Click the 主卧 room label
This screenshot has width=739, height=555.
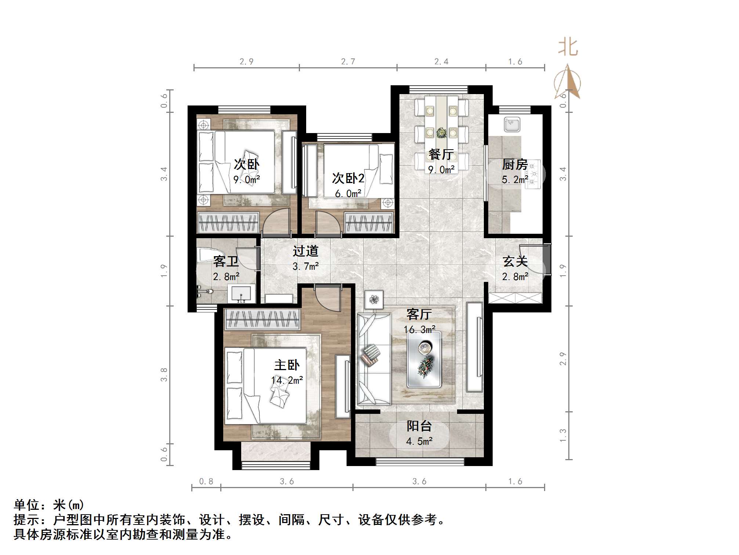click(287, 365)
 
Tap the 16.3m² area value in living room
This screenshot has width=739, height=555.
click(420, 330)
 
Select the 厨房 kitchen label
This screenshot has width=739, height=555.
click(515, 164)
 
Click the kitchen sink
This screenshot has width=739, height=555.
click(512, 125)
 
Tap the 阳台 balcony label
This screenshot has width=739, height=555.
click(419, 426)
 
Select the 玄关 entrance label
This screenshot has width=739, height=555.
click(515, 261)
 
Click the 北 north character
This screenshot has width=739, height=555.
click(568, 48)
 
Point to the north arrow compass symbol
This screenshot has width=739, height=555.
click(568, 83)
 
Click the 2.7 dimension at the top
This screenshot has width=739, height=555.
click(348, 62)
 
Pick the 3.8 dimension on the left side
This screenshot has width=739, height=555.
click(164, 375)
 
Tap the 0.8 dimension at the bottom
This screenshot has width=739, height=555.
click(206, 481)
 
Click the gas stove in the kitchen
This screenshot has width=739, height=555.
click(533, 174)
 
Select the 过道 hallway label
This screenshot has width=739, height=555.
click(305, 251)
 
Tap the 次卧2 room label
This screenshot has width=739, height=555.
click(348, 178)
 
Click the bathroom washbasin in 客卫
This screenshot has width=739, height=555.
click(242, 294)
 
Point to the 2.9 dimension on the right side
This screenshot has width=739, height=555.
click(563, 359)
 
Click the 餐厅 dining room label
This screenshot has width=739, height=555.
click(441, 154)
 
